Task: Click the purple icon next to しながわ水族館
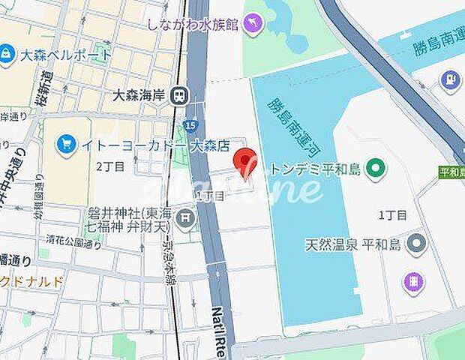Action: [254, 23]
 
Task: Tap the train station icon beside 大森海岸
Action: [179, 95]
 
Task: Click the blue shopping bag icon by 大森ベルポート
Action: [7, 55]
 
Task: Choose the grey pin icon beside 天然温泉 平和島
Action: [415, 244]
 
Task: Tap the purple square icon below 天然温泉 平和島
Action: [413, 283]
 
